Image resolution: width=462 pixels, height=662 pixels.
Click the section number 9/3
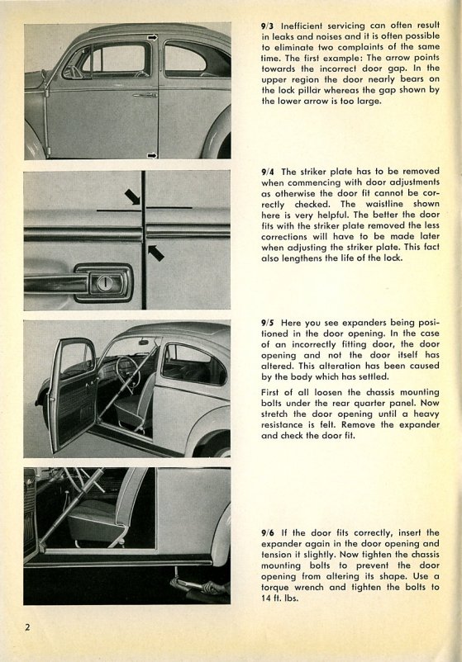(267, 26)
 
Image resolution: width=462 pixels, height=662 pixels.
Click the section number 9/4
(267, 172)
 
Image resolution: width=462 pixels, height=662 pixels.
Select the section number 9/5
(267, 324)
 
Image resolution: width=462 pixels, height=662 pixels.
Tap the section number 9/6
(267, 533)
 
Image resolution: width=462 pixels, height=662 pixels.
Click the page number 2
(27, 627)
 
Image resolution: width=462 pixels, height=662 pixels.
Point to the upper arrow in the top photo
(152, 38)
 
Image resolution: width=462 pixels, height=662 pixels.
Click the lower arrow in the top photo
(152, 156)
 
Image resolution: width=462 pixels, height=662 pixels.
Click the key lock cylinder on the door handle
(104, 283)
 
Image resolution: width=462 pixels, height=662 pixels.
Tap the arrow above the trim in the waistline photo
(132, 196)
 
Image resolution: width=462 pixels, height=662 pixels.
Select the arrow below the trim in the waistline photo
(155, 253)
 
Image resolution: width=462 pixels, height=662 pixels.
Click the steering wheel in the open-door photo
(126, 371)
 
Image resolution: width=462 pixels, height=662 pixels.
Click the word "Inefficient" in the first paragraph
(302, 26)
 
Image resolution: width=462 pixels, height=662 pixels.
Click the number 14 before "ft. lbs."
(266, 598)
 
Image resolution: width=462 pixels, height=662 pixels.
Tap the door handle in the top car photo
(145, 96)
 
